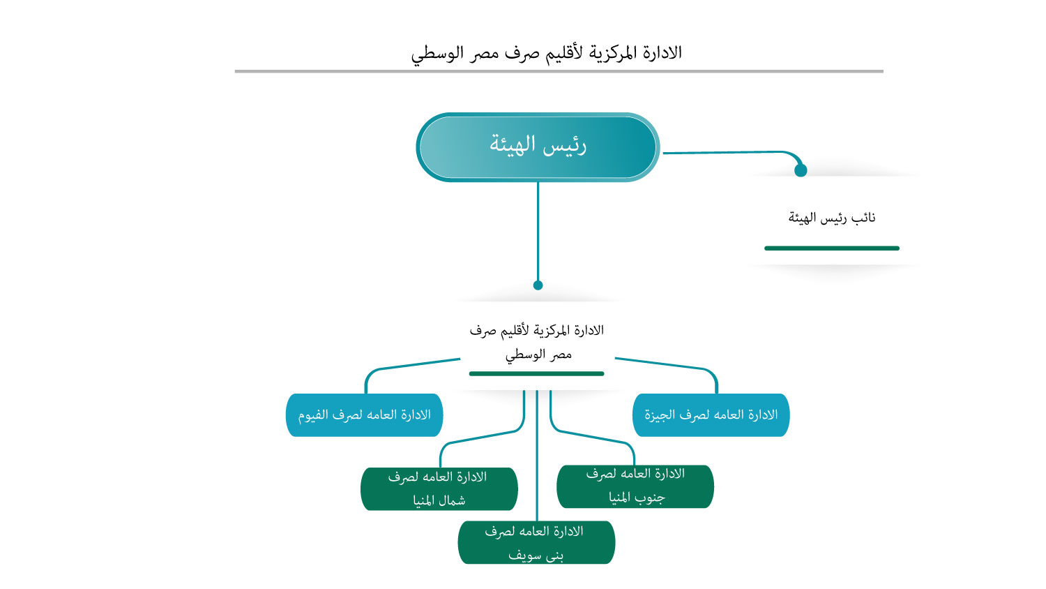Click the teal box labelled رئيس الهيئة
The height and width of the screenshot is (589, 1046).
coord(538,147)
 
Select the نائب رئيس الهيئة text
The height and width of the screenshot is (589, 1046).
coord(832,218)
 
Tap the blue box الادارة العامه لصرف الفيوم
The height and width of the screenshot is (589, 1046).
coord(364,415)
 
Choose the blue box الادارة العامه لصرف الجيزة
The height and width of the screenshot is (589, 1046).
coord(711,415)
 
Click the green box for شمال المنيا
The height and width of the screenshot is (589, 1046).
coord(439,489)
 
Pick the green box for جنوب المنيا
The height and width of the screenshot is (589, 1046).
coord(635,486)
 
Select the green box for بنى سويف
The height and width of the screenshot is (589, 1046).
coord(536,542)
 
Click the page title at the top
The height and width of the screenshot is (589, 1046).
coord(546,53)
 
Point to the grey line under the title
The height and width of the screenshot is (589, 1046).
coord(559,71)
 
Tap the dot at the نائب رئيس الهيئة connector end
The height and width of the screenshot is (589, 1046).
coord(801,170)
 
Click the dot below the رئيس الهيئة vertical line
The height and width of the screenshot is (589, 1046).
coord(538,285)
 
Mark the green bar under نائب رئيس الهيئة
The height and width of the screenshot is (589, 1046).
coord(831,248)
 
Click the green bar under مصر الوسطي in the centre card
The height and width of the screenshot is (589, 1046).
coord(536,374)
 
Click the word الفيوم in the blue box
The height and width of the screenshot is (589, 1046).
coord(313,415)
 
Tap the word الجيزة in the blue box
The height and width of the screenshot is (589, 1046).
coord(660,415)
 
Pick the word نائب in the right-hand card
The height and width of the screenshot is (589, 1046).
coord(863,218)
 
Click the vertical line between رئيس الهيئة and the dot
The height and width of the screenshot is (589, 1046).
coord(538,230)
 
